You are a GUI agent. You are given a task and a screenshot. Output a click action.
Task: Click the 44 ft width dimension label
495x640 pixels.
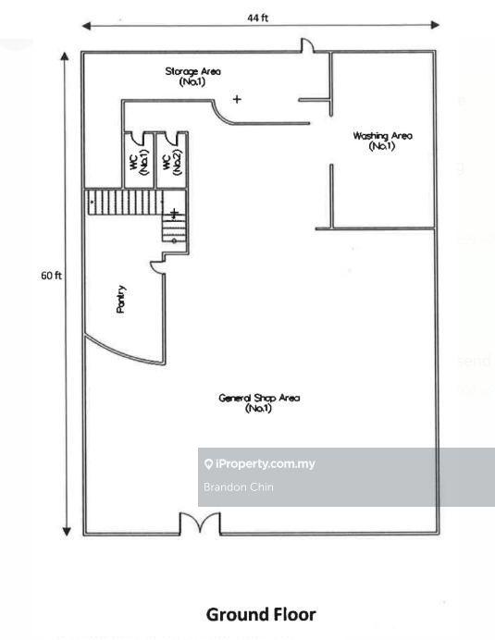click(x=258, y=18)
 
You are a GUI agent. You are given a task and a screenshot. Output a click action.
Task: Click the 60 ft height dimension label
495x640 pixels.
click(x=51, y=276)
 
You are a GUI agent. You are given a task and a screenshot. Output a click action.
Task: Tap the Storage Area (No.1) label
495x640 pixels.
click(x=192, y=77)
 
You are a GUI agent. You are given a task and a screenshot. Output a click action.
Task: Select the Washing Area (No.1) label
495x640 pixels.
click(x=382, y=141)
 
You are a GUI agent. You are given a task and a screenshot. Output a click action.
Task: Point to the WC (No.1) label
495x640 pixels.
click(x=140, y=162)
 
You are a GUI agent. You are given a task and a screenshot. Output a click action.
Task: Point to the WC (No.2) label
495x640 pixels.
click(x=172, y=162)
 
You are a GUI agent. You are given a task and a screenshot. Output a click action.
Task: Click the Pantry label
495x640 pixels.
click(x=121, y=299)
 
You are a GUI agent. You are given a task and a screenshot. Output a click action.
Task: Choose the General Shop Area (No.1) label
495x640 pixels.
click(x=259, y=403)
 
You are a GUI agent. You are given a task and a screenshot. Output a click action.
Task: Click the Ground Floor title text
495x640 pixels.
click(x=261, y=614)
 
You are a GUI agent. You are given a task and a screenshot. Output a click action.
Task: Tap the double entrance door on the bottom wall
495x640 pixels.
click(x=200, y=523)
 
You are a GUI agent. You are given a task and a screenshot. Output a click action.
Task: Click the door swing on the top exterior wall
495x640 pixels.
click(x=307, y=45)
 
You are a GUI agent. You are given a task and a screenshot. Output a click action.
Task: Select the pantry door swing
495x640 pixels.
click(x=157, y=267)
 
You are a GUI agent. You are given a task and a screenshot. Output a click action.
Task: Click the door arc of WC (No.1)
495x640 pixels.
click(x=138, y=139)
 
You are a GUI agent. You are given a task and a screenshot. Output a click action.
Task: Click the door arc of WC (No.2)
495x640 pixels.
click(x=171, y=139)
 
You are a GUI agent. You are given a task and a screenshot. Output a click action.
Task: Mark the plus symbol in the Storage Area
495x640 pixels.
click(x=237, y=99)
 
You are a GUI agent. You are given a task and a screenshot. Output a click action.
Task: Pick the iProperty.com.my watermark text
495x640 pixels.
click(x=260, y=463)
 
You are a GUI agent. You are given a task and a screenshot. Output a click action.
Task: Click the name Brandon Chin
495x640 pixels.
click(x=239, y=487)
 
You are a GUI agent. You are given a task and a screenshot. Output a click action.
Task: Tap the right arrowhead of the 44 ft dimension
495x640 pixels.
click(x=435, y=25)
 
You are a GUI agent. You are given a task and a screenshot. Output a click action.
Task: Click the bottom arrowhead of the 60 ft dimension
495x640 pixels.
click(x=67, y=531)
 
